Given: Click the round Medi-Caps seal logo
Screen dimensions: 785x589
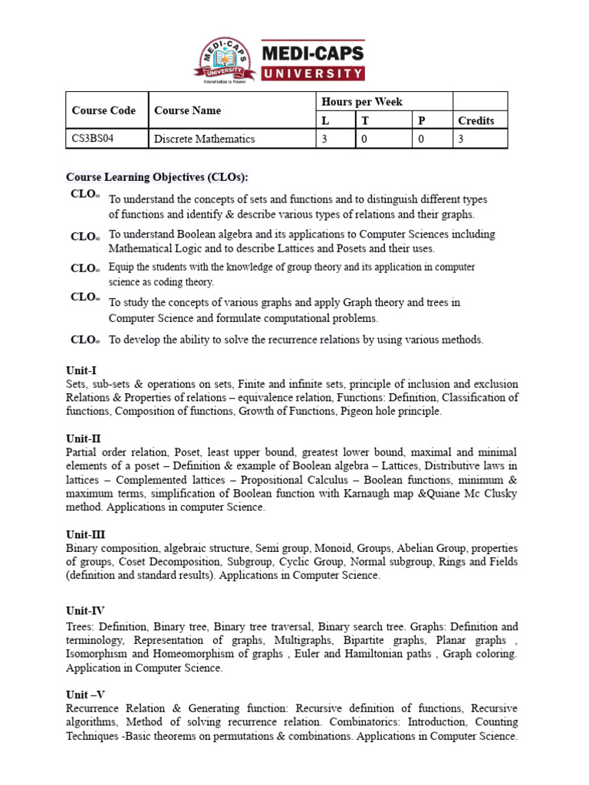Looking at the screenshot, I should click(222, 58).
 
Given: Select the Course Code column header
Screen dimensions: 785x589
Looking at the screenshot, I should click(104, 110).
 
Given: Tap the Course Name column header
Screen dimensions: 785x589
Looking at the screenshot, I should click(187, 110).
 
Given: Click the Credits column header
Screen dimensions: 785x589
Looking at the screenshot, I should click(476, 120).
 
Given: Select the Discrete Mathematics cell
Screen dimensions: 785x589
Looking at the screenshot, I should click(204, 139).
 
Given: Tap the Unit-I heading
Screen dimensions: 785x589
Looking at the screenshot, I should click(81, 370).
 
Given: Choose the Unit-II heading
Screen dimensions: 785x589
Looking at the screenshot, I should click(84, 438).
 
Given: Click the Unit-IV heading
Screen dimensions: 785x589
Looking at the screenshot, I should click(85, 611).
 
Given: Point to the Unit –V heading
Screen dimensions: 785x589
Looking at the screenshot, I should click(85, 694).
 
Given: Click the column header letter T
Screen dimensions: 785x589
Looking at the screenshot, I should click(364, 120).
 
